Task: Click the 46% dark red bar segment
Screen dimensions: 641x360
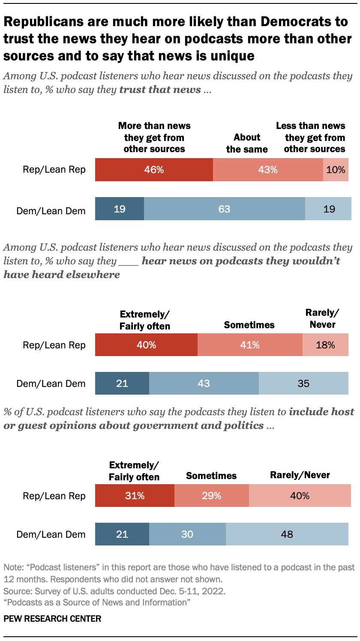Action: click(154, 170)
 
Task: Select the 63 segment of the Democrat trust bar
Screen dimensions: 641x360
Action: click(224, 209)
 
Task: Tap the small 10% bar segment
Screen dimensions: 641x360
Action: click(336, 170)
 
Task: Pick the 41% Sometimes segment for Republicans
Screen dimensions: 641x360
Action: click(249, 345)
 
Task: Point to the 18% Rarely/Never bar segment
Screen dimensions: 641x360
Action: click(325, 345)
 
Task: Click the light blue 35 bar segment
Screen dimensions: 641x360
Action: click(303, 383)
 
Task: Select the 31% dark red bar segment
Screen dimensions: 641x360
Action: click(135, 496)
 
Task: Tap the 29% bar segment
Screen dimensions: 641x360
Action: click(211, 496)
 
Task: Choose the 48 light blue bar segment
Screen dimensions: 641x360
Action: click(287, 534)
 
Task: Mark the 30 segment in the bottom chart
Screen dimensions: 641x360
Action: click(187, 534)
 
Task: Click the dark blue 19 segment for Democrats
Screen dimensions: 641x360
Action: click(120, 209)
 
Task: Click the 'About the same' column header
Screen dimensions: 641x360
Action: click(247, 143)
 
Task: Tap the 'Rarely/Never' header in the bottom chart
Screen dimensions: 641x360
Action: click(300, 475)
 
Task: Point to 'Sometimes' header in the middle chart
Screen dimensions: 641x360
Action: click(249, 325)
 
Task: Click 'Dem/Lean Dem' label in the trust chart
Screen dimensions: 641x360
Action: click(51, 210)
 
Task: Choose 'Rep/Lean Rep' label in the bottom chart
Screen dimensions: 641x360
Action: click(54, 496)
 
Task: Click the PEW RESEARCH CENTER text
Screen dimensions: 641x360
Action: click(52, 618)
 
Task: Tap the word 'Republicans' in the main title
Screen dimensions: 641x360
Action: click(46, 22)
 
